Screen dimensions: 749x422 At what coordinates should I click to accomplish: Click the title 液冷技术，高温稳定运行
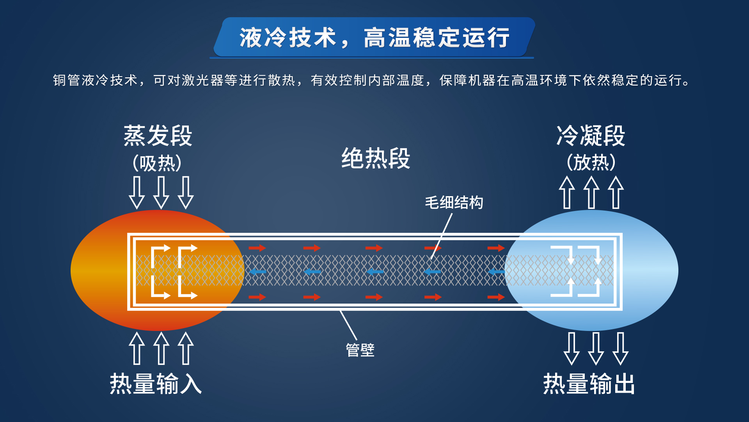[x=374, y=38]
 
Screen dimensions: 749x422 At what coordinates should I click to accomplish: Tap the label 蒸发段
[x=158, y=136]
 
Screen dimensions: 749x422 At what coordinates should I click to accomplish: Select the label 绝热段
[x=376, y=158]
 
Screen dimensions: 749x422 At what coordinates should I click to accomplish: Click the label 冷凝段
[x=591, y=136]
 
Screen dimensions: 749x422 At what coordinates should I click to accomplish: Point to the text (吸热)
[x=157, y=163]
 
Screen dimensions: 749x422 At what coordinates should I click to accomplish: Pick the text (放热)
[x=591, y=163]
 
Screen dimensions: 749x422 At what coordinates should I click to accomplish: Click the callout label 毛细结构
[x=454, y=203]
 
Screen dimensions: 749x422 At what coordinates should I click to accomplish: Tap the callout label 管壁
[x=360, y=350]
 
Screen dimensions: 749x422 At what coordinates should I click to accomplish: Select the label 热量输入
[x=156, y=384]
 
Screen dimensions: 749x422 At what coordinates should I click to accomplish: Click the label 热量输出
[x=589, y=384]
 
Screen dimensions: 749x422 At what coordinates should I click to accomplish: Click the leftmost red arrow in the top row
[x=257, y=248]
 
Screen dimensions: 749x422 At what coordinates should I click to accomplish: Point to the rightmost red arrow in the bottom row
[x=496, y=297]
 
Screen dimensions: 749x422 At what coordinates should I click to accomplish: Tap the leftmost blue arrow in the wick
[x=257, y=272]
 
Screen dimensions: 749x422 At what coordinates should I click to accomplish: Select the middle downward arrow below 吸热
[x=161, y=193]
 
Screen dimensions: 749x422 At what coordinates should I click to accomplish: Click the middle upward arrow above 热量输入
[x=161, y=348]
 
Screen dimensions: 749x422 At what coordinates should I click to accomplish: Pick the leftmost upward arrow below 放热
[x=567, y=192]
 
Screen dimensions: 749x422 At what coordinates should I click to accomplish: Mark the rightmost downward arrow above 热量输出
[x=620, y=349]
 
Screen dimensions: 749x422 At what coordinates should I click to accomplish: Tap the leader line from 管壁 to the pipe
[x=348, y=325]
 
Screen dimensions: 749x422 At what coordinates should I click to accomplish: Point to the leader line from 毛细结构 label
[x=442, y=236]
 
